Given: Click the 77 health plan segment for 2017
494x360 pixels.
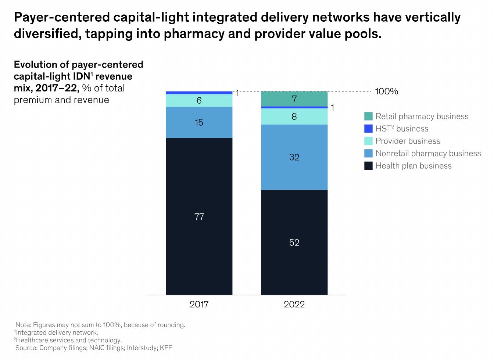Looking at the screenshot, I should pos(199,216).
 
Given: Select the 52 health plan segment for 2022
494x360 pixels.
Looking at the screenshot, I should pos(294,242).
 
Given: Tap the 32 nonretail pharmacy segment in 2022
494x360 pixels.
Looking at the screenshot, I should pos(294,157).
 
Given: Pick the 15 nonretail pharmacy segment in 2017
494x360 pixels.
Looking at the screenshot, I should pos(199,122).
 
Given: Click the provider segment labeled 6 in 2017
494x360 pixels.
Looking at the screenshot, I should pos(199,100).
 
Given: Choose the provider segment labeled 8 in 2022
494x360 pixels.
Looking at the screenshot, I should pos(294,116).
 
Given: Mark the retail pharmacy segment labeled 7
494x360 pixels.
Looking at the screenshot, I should pos(294,98).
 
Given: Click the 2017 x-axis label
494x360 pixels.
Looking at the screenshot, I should pos(199,304).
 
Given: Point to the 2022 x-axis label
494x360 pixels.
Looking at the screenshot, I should pos(294,304).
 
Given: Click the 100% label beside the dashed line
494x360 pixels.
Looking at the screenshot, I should pos(386,91).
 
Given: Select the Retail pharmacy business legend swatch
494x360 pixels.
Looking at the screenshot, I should pos(368,116).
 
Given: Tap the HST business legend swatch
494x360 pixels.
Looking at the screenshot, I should pos(368,129).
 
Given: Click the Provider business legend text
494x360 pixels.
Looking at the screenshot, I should pos(408,141).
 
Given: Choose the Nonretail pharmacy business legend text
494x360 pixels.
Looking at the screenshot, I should pos(428,153).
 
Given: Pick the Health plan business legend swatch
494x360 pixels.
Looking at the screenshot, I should pos(368,166).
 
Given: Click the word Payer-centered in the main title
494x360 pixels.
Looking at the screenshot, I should pos(62,17).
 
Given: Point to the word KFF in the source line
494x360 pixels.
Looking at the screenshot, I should pos(166,348).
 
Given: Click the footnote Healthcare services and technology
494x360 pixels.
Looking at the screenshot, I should pos(69,340).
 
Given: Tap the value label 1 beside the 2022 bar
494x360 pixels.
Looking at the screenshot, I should pos(332,108).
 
